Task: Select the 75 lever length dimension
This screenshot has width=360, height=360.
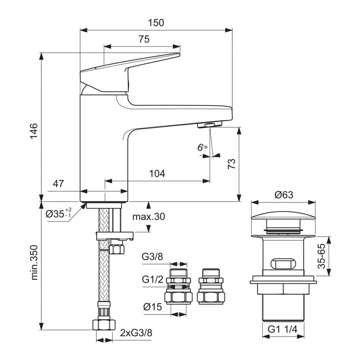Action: (144, 39)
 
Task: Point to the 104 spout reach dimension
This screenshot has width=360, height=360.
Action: (157, 173)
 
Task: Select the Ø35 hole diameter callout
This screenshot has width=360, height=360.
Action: (58, 213)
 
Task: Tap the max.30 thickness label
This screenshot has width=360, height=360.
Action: (148, 216)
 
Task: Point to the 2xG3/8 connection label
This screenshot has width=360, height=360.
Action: (136, 333)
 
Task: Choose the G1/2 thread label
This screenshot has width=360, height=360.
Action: (152, 279)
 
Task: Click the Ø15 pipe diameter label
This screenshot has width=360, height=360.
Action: (152, 307)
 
